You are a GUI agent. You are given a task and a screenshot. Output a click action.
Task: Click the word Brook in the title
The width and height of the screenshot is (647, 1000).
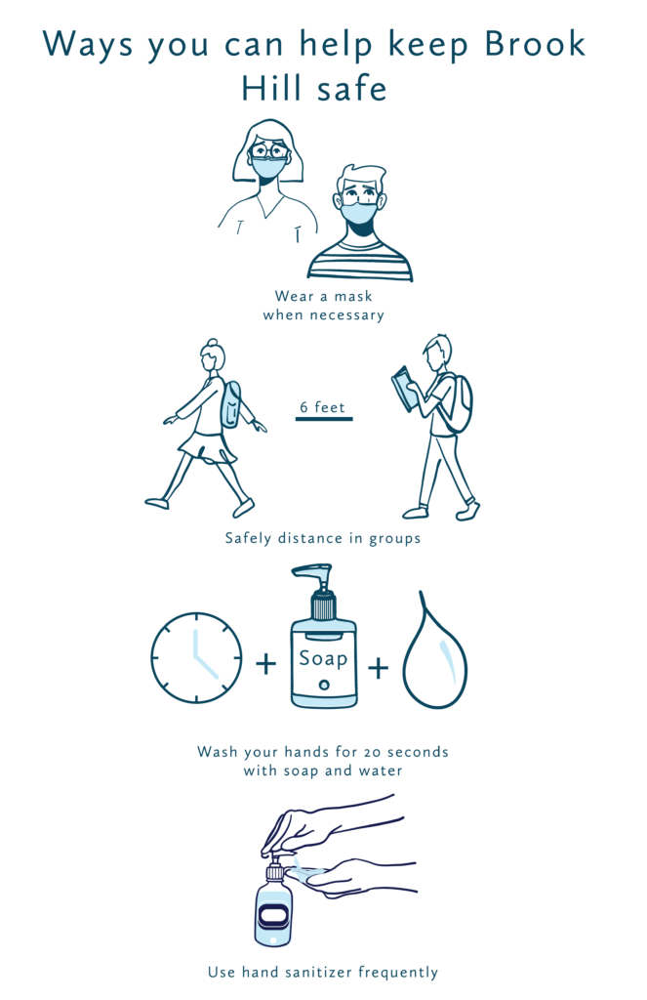[x=535, y=44]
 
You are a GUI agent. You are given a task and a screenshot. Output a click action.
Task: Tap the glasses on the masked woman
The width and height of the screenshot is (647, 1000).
[x=269, y=151]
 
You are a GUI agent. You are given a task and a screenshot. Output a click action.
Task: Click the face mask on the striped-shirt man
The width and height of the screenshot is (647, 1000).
[x=358, y=213]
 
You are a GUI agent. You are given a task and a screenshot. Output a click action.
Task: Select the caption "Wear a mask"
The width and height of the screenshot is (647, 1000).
[x=323, y=296]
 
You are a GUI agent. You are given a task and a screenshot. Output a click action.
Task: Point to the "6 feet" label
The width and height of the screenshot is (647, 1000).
[x=323, y=407]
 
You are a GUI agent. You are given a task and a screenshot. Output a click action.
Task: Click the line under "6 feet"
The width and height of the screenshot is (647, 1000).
[x=324, y=419]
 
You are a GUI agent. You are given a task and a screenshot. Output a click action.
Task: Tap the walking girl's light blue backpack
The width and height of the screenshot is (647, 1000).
[x=230, y=404]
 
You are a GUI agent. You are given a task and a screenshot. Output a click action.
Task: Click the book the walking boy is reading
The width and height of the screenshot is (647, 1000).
[x=403, y=389]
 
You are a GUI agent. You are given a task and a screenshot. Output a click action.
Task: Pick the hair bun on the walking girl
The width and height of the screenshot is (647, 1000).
[x=213, y=343]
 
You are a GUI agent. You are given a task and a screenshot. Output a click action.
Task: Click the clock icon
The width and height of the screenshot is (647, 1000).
[x=196, y=657]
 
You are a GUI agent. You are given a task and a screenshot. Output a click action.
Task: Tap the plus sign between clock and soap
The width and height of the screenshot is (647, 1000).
[x=265, y=664]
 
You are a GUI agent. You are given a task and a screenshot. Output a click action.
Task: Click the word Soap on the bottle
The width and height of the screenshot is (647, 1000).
[x=323, y=657]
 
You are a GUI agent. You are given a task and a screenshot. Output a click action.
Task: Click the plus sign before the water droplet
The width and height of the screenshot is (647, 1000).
[x=378, y=668]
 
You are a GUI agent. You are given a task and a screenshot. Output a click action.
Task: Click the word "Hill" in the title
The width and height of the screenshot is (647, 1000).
[x=271, y=88]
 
